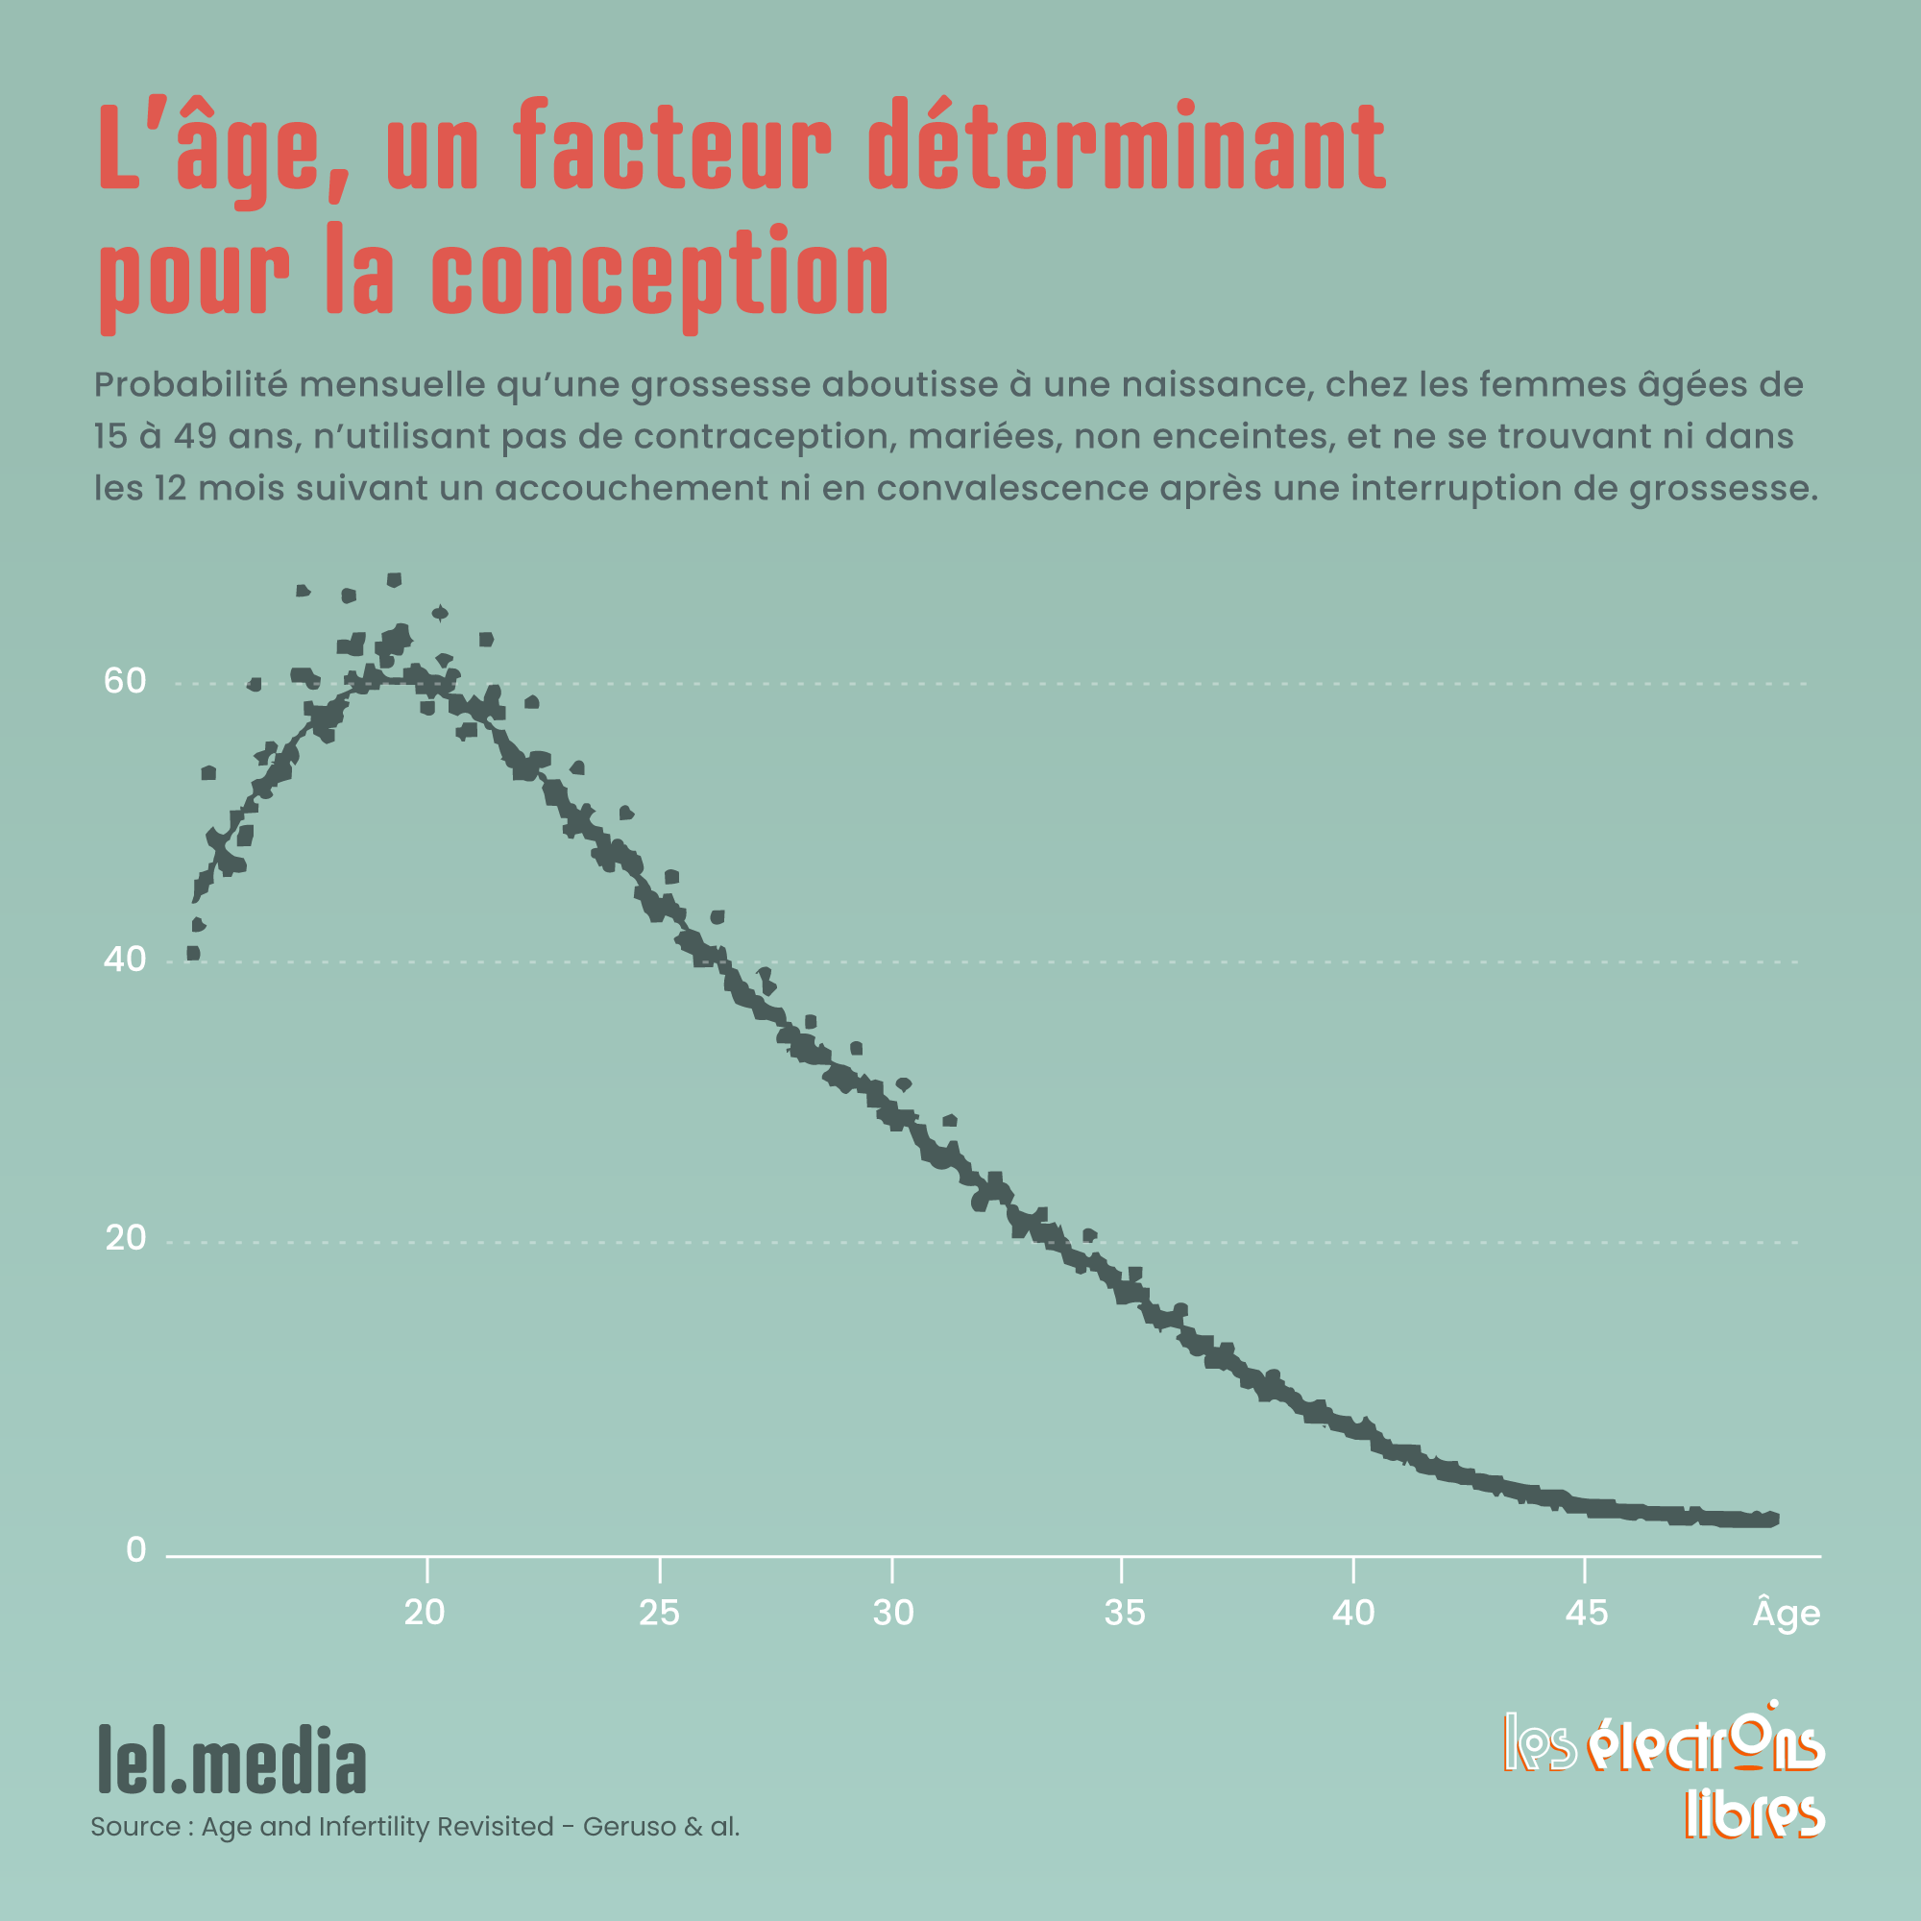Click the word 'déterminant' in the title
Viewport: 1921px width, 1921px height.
coord(1127,147)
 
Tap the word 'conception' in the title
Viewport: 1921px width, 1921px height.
coord(660,273)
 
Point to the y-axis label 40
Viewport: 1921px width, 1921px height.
coord(125,960)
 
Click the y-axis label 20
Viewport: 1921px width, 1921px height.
coord(125,1239)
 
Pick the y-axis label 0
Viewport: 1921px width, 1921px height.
coord(136,1550)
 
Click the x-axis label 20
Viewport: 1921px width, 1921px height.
coord(425,1613)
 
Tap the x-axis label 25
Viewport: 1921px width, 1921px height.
coord(659,1613)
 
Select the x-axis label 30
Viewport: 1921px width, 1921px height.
coord(893,1613)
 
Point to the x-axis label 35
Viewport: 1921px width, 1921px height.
coord(1125,1613)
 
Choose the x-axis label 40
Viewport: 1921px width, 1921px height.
coord(1353,1613)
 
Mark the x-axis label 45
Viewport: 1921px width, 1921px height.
coord(1586,1613)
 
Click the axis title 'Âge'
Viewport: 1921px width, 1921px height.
coord(1786,1612)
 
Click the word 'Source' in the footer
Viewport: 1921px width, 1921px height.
coord(135,1827)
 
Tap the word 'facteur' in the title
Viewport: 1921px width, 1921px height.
coord(672,147)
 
